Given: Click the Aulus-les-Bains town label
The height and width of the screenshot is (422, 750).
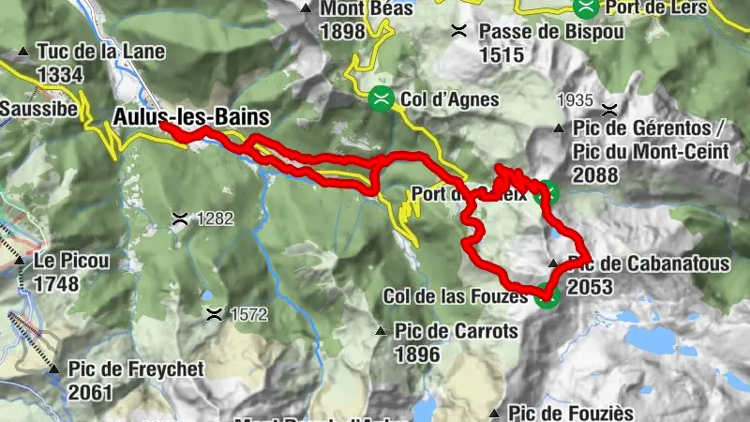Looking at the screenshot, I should [x=191, y=117].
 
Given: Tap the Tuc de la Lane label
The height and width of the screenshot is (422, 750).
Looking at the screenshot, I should [x=100, y=52].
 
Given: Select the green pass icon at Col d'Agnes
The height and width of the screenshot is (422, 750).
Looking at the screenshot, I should [x=381, y=97].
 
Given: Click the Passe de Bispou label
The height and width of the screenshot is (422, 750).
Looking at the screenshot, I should [x=541, y=31].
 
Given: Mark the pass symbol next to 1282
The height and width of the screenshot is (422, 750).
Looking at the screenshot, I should [x=179, y=219].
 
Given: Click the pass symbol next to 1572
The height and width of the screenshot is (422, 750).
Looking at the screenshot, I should [x=216, y=311].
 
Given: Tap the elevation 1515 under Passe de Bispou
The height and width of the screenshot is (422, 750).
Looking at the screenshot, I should [x=501, y=54].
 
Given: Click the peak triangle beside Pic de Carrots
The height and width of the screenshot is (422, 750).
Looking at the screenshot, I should [x=381, y=331].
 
